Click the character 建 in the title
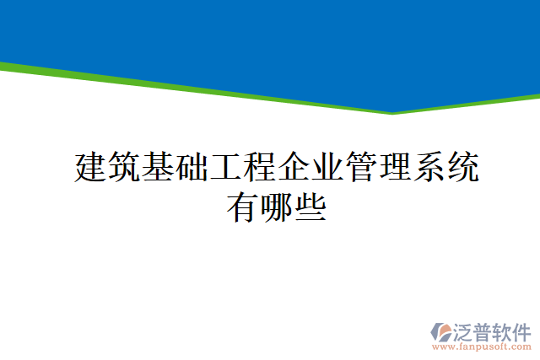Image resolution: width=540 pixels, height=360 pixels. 91,169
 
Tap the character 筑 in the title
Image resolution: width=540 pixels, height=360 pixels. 125,169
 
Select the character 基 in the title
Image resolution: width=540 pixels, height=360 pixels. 159,169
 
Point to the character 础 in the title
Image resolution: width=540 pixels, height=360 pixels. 192,169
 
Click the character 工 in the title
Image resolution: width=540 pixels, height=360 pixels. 226,169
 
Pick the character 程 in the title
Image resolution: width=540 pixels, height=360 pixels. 260,169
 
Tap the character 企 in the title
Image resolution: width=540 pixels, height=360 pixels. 294,169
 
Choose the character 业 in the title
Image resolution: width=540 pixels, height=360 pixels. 327,169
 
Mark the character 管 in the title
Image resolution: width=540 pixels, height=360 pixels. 361,169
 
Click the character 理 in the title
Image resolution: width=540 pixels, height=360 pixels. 395,169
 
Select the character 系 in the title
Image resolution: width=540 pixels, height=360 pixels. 429,169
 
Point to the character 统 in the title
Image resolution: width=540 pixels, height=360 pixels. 462,169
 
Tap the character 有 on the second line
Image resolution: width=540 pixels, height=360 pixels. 243,206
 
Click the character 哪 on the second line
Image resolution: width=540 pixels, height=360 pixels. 277,206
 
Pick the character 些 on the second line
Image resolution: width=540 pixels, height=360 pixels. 310,206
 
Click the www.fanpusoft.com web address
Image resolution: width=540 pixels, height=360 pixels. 481,346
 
